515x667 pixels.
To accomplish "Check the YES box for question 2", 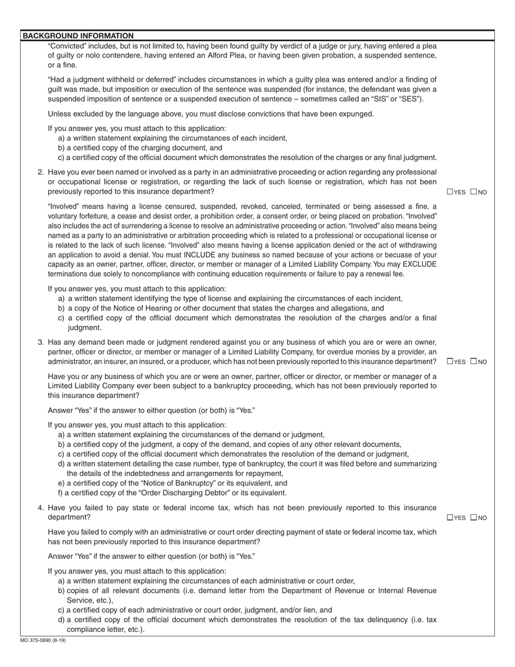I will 450,191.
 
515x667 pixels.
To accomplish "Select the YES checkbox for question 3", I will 450,362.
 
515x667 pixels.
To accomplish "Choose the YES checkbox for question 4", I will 450,517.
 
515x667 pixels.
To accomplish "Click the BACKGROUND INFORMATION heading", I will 78,36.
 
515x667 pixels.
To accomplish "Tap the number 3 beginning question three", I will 41,342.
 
